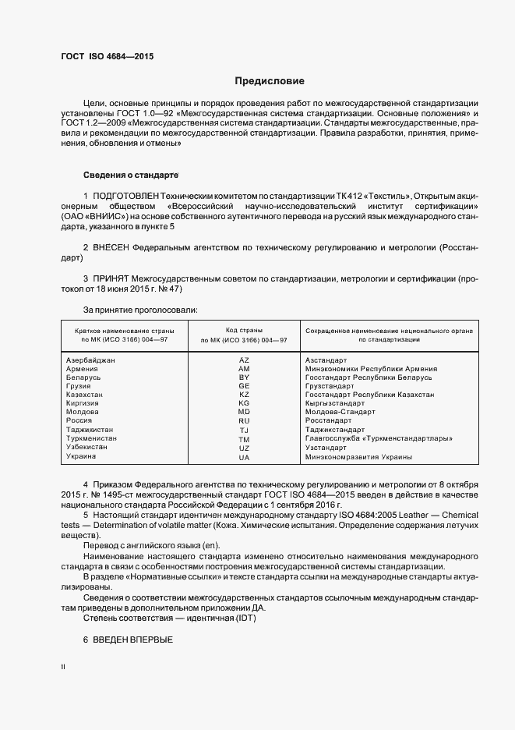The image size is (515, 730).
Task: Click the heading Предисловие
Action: (270, 81)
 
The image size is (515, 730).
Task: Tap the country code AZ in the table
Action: (244, 360)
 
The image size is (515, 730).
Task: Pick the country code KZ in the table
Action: (244, 395)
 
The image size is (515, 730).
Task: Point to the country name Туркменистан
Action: (92, 439)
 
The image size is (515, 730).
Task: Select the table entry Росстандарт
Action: (328, 420)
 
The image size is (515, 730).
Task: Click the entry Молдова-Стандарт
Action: (340, 412)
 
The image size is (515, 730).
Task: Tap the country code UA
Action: (244, 456)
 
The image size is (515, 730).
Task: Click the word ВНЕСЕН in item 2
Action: (112, 247)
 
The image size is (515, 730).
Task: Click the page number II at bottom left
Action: (63, 668)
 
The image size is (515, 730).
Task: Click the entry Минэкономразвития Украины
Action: (359, 456)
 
